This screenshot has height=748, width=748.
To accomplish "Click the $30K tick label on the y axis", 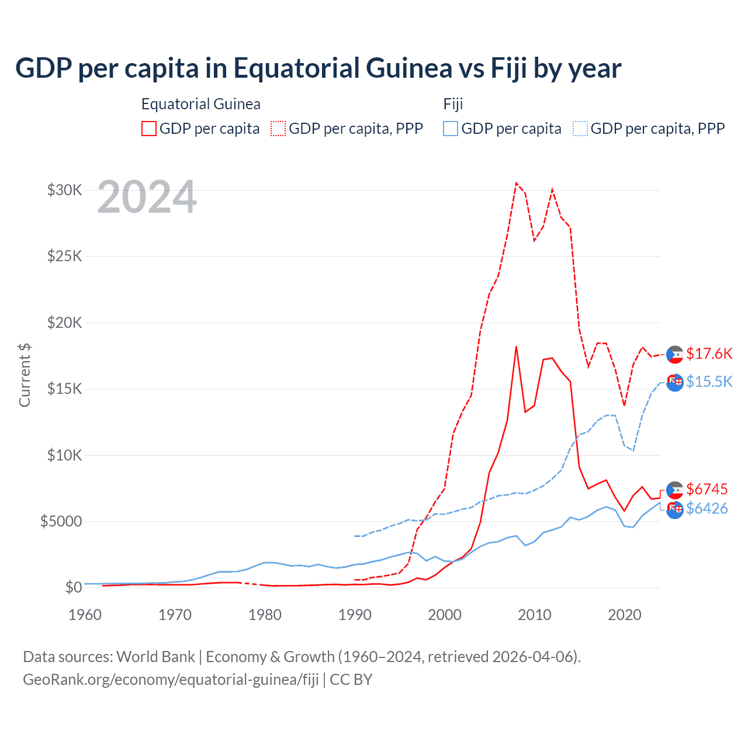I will pos(65,190).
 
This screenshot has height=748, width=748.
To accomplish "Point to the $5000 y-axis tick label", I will pos(61,521).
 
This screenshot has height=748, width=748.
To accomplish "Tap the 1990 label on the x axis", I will pos(355,615).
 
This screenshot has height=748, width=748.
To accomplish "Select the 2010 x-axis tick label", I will pos(535,615).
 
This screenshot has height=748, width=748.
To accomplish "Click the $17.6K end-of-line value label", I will pos(709,354).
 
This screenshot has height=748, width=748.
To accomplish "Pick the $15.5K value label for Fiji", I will pos(709,382).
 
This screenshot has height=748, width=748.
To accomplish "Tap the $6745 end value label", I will pos(707,489).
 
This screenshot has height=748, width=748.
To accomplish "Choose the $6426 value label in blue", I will pos(707,508).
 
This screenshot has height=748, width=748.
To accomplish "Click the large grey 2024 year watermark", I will pos(147,197).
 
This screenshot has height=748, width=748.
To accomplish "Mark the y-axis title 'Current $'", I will pos(25,375).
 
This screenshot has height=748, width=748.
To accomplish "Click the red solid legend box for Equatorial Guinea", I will pos(149,129).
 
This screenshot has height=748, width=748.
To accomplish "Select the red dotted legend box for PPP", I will pos(279,129).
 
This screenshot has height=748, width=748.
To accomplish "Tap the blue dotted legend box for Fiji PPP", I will pos(580,129).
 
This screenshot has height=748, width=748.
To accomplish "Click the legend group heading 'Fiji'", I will pos(453,104).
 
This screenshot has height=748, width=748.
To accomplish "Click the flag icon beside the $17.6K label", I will pos(675,354).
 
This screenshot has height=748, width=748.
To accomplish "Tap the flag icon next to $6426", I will pos(675,510).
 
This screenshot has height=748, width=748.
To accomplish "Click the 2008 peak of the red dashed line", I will pos(516,183).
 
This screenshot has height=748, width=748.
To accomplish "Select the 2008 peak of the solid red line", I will pos(516,347).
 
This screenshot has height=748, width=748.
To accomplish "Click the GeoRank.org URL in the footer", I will pos(171,680).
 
